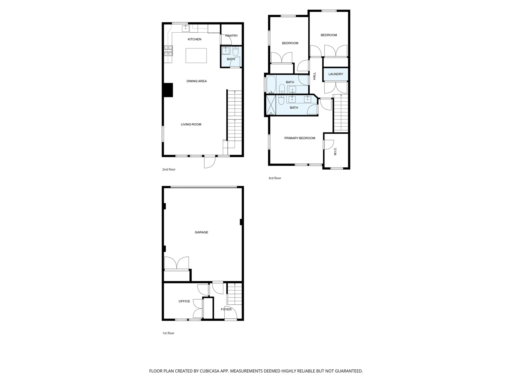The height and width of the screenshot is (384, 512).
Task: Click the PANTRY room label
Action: (x=231, y=36)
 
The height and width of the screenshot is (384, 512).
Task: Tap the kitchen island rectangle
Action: (x=196, y=55)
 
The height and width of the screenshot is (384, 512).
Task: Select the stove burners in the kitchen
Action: (x=168, y=51)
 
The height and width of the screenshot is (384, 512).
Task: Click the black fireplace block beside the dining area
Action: (x=168, y=90)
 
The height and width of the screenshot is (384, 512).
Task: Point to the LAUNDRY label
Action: (x=335, y=74)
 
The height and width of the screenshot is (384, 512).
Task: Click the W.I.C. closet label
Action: (x=335, y=151)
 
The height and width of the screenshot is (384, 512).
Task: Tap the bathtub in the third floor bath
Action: (x=271, y=84)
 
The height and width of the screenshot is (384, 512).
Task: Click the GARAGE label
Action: (x=201, y=232)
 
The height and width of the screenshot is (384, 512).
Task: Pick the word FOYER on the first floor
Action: (x=226, y=309)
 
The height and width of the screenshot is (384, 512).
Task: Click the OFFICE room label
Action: (x=184, y=301)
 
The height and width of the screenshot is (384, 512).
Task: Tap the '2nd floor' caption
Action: (x=169, y=169)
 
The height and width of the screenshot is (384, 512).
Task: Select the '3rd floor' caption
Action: (x=275, y=178)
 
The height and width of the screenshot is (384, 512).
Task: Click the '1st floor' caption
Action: (x=168, y=333)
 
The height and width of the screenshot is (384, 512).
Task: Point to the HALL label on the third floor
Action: (x=314, y=76)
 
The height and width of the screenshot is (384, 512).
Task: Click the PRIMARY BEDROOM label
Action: (x=299, y=138)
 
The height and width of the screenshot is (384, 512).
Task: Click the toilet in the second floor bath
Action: (x=235, y=51)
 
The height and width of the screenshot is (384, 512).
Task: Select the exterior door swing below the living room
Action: (x=209, y=162)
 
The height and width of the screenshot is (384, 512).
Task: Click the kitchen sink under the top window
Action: (x=185, y=28)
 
